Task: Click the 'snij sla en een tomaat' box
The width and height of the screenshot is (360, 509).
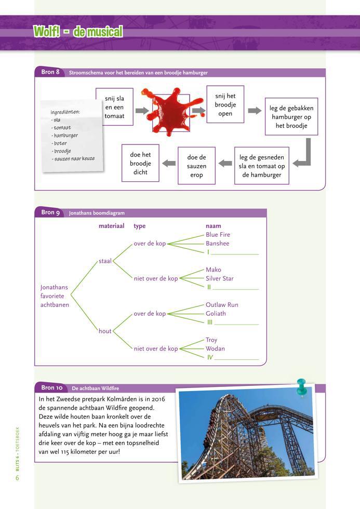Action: (x=114, y=106)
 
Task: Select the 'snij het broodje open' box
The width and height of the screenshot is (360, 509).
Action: (x=225, y=104)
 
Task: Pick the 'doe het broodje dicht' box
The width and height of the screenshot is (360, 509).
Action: (x=140, y=163)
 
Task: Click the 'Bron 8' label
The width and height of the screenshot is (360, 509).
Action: (x=50, y=72)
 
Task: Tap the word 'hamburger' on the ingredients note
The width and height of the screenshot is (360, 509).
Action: (x=65, y=136)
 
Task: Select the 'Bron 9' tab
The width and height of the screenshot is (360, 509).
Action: (x=50, y=212)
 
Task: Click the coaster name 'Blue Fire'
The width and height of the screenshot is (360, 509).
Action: (x=218, y=235)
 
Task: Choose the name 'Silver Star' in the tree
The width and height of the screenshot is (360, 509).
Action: (x=219, y=278)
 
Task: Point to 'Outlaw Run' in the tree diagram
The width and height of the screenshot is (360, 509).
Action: (x=222, y=305)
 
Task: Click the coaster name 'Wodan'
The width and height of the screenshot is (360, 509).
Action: (x=215, y=349)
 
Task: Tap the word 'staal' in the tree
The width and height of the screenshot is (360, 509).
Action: (x=105, y=261)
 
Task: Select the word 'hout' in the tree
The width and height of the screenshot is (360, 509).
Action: (x=105, y=331)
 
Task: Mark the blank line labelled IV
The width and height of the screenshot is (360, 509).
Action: (x=236, y=358)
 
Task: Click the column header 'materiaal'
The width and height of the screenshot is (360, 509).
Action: (x=111, y=226)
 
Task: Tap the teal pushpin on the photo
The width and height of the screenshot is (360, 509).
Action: (x=301, y=387)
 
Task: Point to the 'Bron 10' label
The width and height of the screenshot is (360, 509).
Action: (x=52, y=387)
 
